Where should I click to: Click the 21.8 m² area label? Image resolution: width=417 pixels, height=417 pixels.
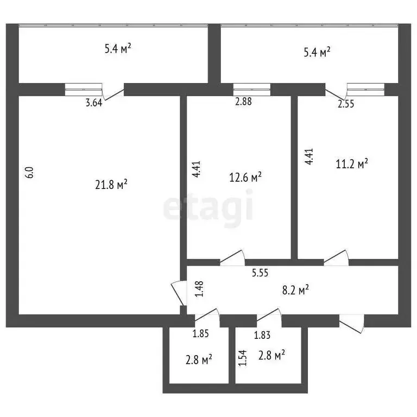[111, 185]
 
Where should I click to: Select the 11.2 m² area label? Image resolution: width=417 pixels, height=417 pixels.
[352, 163]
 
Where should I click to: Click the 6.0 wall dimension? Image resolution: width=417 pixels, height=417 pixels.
[30, 172]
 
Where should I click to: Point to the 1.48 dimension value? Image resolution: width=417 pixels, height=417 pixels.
[199, 288]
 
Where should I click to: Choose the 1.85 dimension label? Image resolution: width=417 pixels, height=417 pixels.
[201, 335]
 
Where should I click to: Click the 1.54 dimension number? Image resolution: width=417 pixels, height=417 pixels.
[242, 358]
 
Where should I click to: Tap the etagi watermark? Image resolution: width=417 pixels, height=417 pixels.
[208, 207]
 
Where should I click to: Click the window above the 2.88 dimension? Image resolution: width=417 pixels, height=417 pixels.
[252, 89]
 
